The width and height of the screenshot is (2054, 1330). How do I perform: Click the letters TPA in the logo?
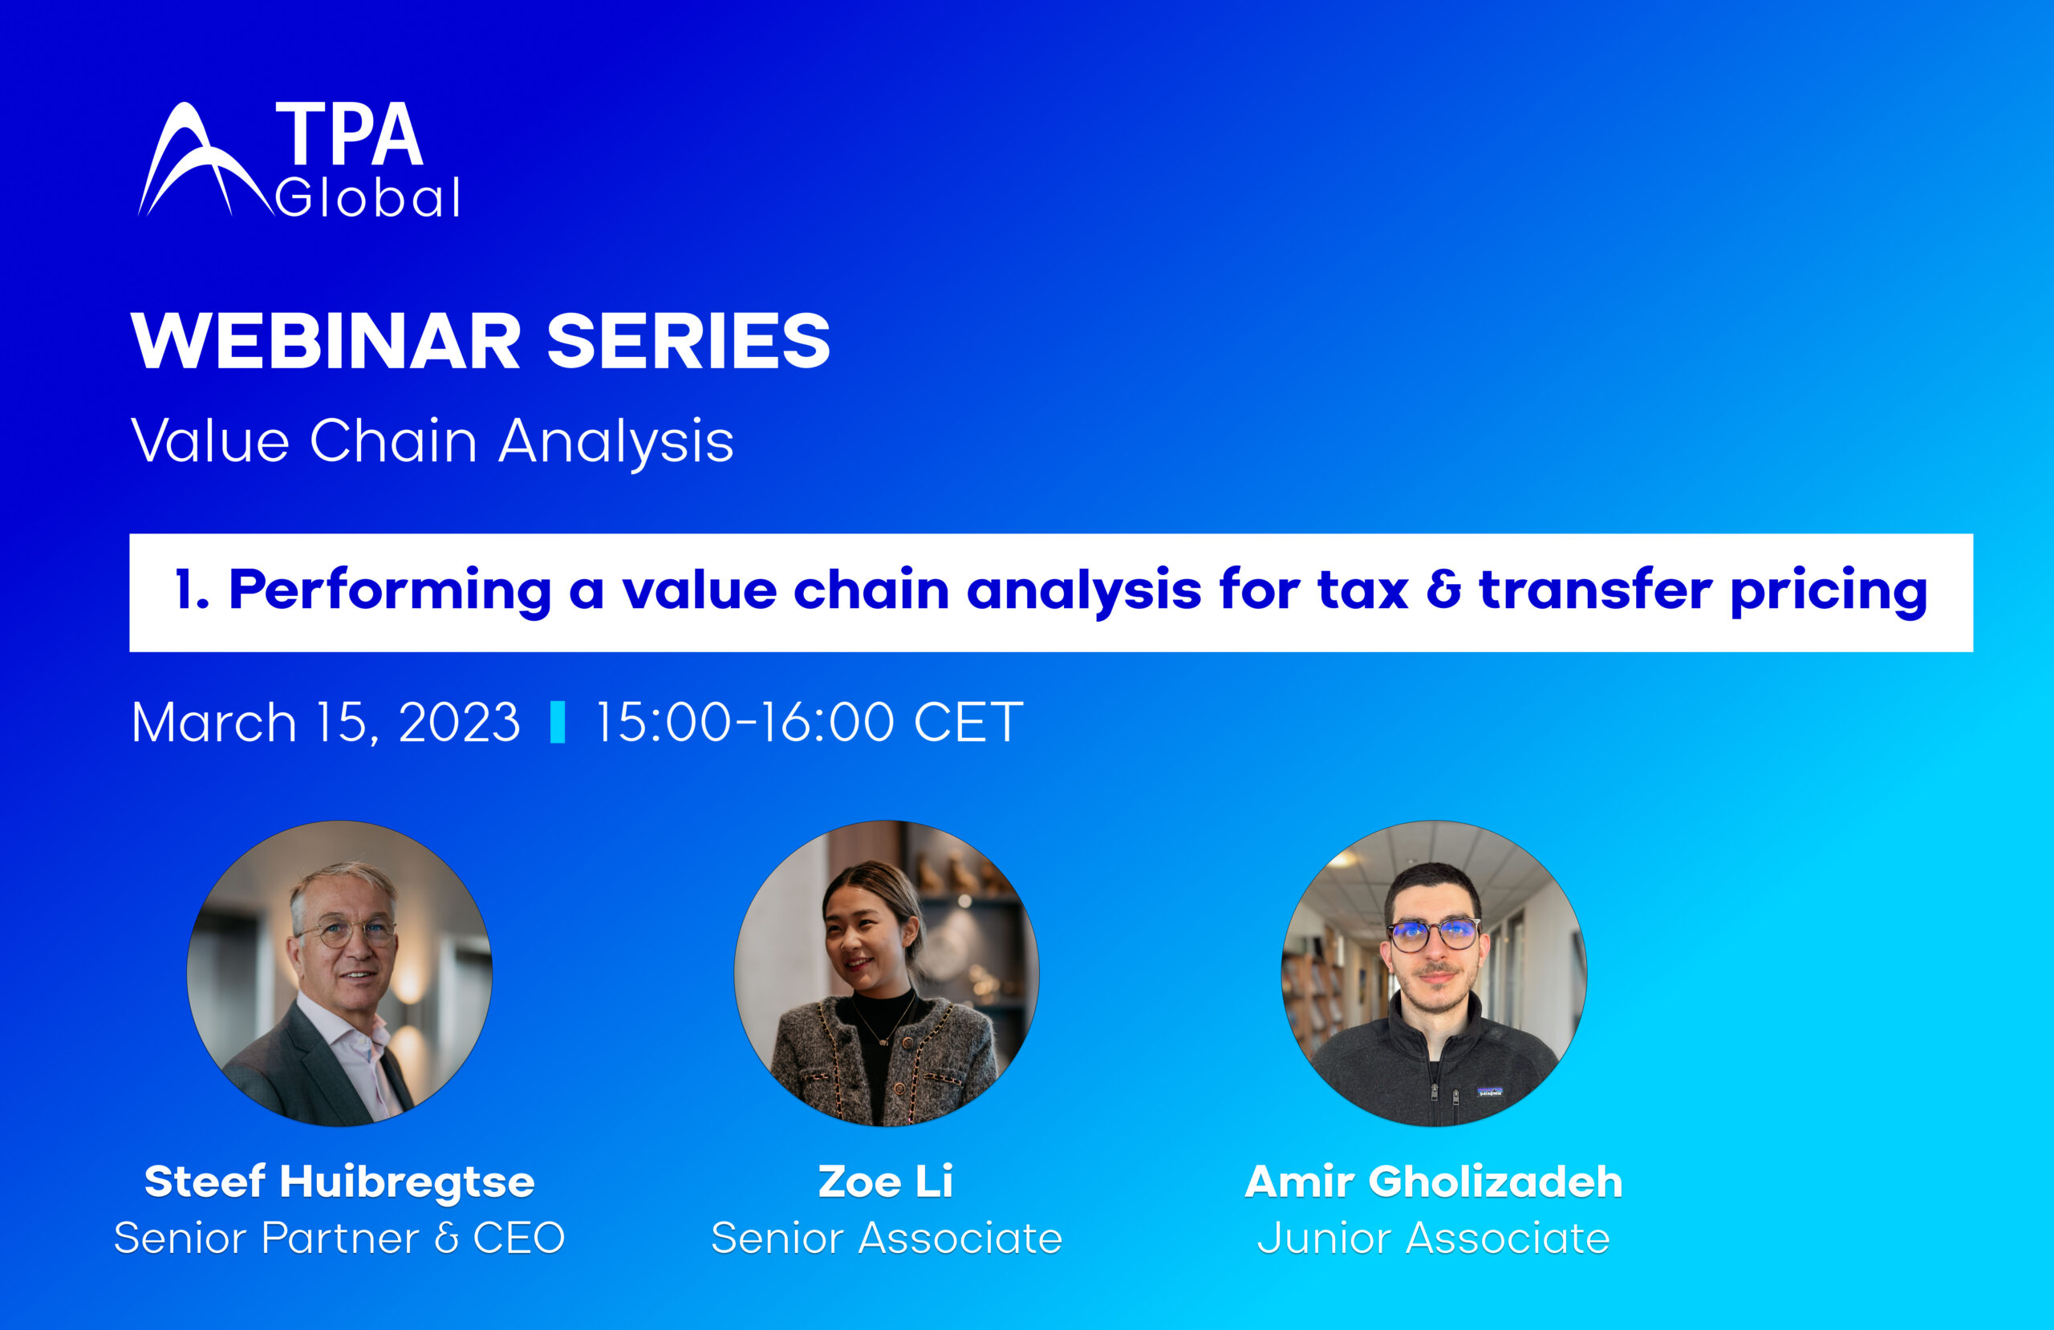tap(349, 135)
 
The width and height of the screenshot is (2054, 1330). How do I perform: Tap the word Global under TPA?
tap(367, 198)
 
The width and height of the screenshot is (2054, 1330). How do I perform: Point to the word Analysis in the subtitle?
tap(616, 442)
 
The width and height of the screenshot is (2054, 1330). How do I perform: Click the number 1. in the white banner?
tap(192, 591)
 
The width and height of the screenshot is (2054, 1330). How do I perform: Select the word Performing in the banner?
tap(390, 593)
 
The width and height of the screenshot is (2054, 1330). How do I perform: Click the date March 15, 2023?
tap(327, 723)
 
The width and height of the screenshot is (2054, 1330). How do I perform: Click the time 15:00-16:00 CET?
tap(809, 723)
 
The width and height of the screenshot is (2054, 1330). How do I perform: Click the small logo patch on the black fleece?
tap(1491, 1093)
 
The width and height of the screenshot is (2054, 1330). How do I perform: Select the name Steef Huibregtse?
tap(339, 1182)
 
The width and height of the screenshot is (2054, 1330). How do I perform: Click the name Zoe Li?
tap(886, 1182)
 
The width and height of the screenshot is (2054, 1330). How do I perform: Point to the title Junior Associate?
tap(1433, 1239)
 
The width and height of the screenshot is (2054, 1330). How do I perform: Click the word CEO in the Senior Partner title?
tap(518, 1239)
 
